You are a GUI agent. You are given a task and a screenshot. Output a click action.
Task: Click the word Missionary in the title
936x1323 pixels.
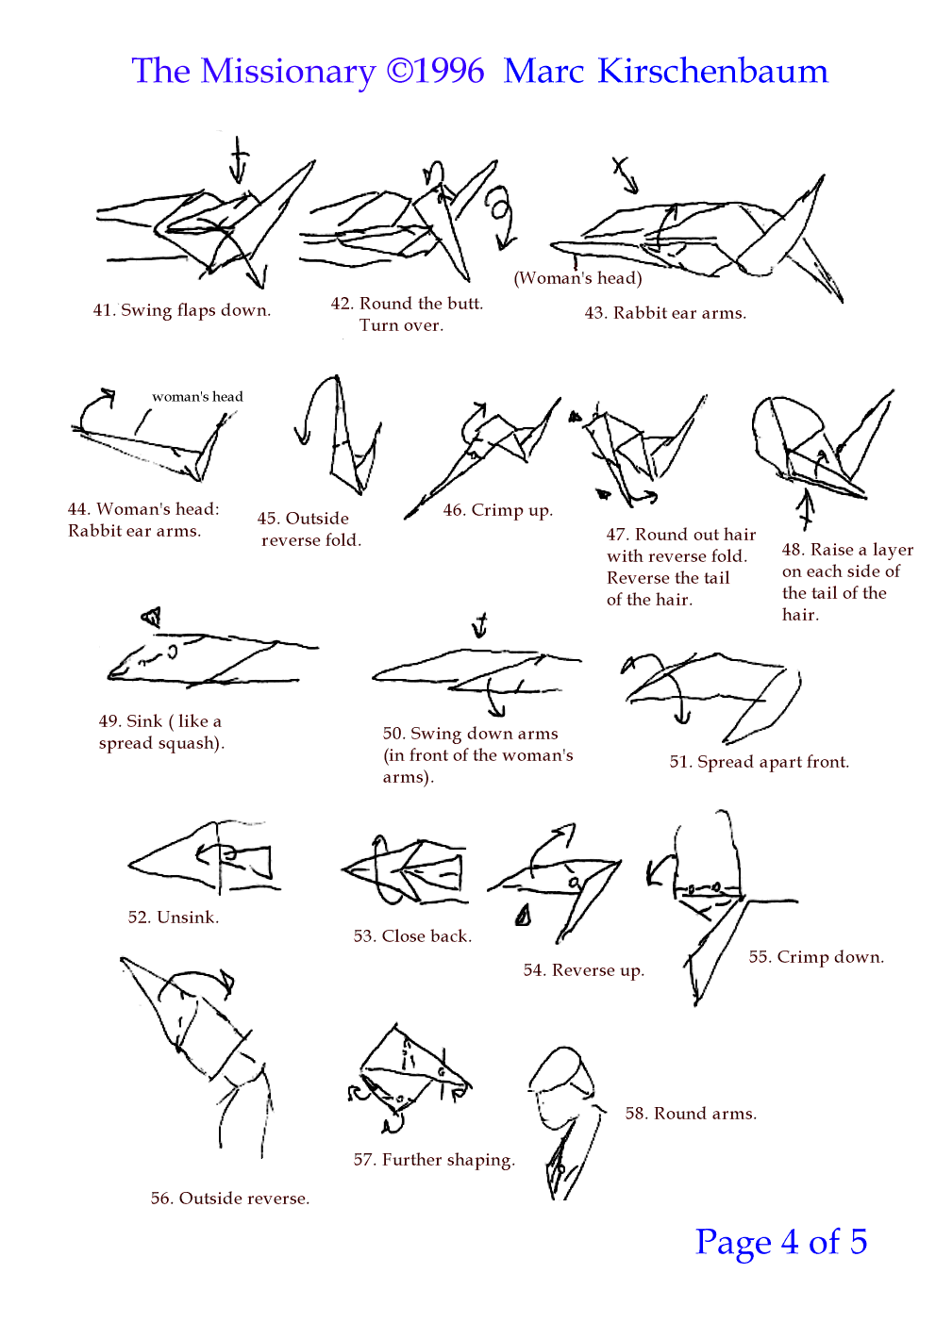pyautogui.click(x=288, y=72)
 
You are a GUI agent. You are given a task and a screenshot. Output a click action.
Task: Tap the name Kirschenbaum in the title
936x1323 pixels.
pyautogui.click(x=712, y=71)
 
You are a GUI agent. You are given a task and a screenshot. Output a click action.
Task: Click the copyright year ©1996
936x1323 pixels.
pyautogui.click(x=436, y=71)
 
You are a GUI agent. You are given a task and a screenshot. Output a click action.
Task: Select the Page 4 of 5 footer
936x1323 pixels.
pyautogui.click(x=780, y=1241)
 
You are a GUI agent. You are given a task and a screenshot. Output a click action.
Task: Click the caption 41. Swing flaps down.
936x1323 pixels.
pyautogui.click(x=182, y=310)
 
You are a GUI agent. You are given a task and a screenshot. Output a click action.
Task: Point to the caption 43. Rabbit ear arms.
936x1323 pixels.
pyautogui.click(x=665, y=312)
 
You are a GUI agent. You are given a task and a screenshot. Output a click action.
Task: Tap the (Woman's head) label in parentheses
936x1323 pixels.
pyautogui.click(x=577, y=277)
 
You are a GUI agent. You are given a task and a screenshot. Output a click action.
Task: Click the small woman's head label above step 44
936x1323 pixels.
pyautogui.click(x=197, y=396)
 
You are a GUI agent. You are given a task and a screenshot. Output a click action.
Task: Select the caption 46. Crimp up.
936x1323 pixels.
pyautogui.click(x=497, y=510)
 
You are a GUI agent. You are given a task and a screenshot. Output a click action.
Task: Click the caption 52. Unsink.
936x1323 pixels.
pyautogui.click(x=173, y=918)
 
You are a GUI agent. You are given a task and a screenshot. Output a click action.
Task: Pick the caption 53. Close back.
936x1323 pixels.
pyautogui.click(x=412, y=936)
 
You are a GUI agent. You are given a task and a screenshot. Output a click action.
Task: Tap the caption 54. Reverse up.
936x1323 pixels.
pyautogui.click(x=583, y=970)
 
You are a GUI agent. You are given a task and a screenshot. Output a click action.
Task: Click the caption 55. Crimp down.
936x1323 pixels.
pyautogui.click(x=816, y=957)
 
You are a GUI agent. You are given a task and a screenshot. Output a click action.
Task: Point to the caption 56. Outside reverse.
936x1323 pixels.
pyautogui.click(x=230, y=1199)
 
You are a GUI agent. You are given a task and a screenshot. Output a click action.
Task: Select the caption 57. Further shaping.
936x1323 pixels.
pyautogui.click(x=434, y=1160)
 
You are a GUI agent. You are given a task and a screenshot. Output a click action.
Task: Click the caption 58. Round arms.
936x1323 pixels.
pyautogui.click(x=691, y=1114)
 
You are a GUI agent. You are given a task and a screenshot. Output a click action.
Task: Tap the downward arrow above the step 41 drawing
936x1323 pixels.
pyautogui.click(x=238, y=159)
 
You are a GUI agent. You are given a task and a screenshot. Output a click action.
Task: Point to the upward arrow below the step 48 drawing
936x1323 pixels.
pyautogui.click(x=806, y=509)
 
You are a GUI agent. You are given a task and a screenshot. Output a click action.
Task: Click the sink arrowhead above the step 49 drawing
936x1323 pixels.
pyautogui.click(x=152, y=617)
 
